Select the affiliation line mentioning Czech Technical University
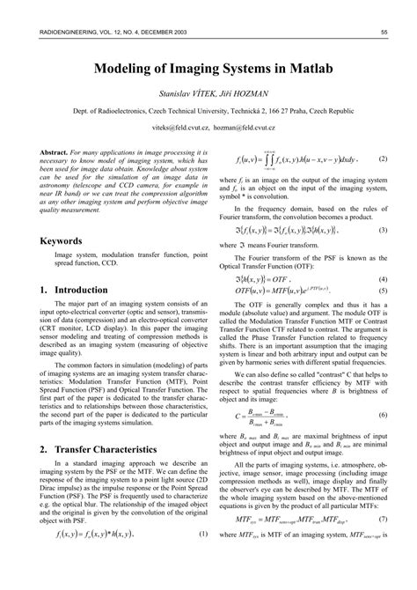[x=208, y=112]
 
